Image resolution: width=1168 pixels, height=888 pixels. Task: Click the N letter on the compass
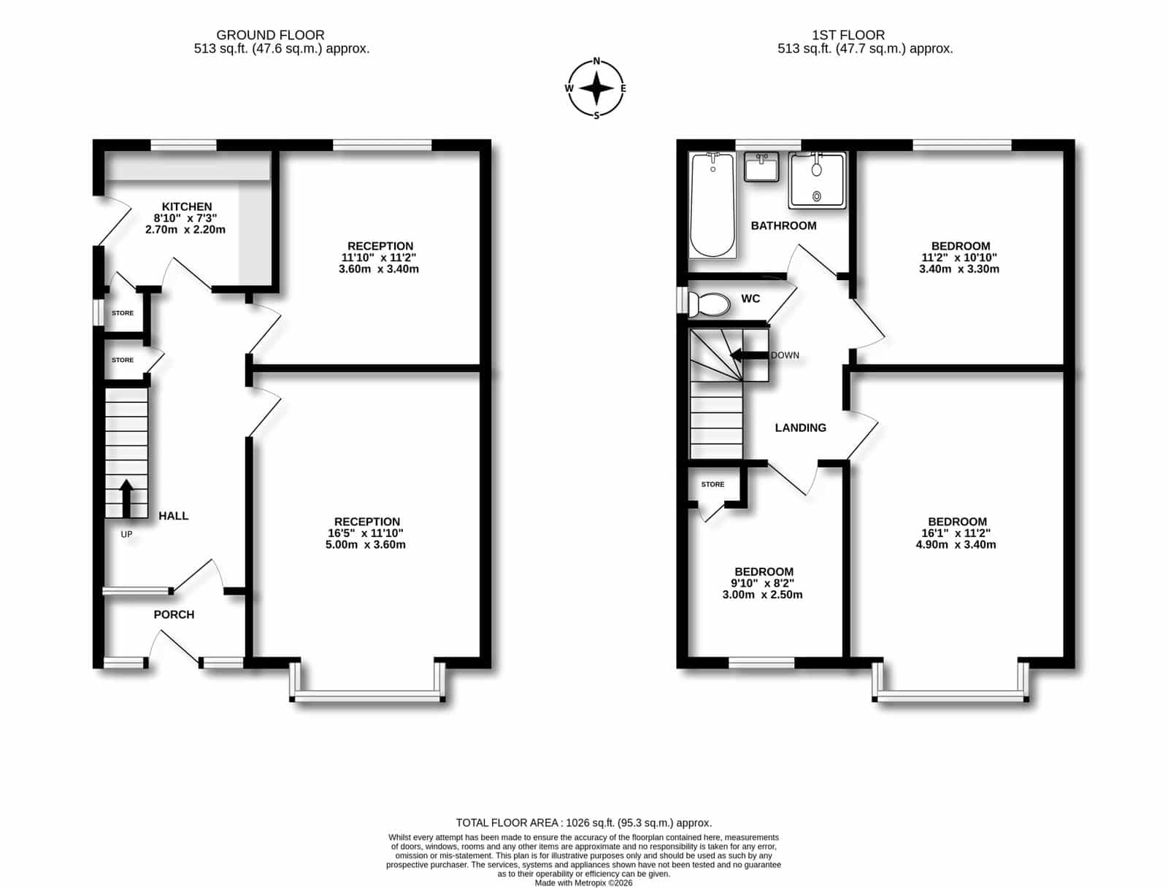point(596,61)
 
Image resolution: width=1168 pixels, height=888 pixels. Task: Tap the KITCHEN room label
point(187,206)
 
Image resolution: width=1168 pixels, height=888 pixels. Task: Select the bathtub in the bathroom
point(712,205)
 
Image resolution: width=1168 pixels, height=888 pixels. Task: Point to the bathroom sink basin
point(761,167)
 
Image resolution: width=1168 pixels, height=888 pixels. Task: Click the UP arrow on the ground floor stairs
point(126,498)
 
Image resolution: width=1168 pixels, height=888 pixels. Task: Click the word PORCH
point(174,614)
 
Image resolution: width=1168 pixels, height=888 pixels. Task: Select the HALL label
point(174,516)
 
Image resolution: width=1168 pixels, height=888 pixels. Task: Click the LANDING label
point(800,428)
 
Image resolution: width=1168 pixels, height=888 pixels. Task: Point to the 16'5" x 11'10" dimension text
point(365,533)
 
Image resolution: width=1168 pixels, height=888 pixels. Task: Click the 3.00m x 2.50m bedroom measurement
point(762,595)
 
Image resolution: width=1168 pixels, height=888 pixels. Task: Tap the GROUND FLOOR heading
point(270,35)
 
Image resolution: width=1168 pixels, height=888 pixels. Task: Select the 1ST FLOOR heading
point(848,35)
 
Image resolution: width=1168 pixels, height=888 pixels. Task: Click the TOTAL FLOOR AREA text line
point(584,822)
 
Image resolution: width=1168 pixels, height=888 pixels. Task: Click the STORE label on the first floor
point(712,484)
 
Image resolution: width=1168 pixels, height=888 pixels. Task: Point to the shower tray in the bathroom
point(818,180)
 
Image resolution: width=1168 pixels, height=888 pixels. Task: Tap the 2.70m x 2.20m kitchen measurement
point(185,230)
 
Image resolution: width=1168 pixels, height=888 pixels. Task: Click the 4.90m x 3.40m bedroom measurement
point(956,544)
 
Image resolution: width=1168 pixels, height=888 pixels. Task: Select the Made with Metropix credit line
point(584,883)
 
